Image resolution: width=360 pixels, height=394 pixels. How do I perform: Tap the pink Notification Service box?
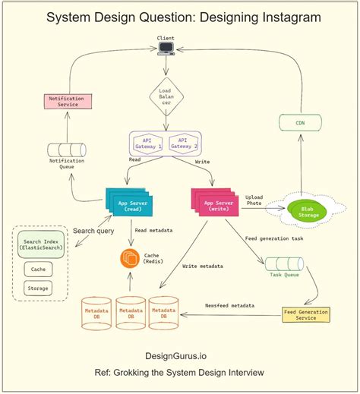(x=69, y=100)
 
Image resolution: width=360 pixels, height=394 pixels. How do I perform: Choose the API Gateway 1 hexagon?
(x=148, y=143)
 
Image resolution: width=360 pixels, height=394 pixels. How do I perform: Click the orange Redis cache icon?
(x=128, y=258)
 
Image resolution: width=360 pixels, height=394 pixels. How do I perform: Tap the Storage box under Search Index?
(x=37, y=288)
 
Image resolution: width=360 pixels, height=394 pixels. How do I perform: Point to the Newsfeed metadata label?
(x=229, y=305)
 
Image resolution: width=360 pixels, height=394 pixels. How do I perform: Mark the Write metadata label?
(x=204, y=266)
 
